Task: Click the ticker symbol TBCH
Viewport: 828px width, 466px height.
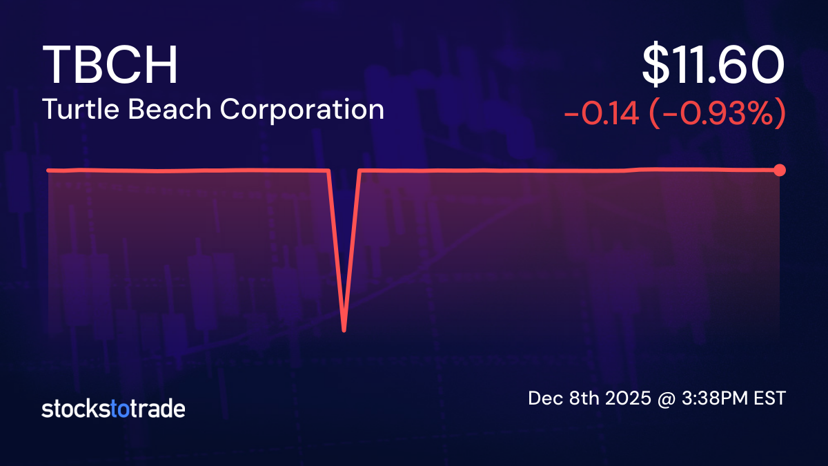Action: pyautogui.click(x=110, y=66)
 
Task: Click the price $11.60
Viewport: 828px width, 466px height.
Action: pyautogui.click(x=713, y=66)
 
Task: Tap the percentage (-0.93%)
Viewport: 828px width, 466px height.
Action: pyautogui.click(x=718, y=114)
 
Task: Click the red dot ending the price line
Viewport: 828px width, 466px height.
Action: pyautogui.click(x=780, y=170)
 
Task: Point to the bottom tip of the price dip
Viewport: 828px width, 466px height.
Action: pyautogui.click(x=344, y=331)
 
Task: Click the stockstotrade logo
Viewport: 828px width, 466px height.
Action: pyautogui.click(x=113, y=409)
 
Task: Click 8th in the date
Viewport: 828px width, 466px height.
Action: pyautogui.click(x=578, y=399)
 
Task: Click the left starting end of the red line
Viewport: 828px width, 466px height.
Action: pyautogui.click(x=48, y=170)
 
